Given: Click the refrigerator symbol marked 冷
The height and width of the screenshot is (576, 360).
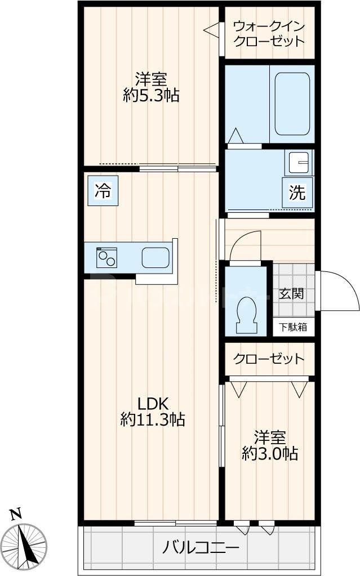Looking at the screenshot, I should click(103, 191).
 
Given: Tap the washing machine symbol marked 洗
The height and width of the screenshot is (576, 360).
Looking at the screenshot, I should click(297, 193).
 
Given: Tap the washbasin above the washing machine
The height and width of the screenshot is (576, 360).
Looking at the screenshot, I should click(299, 163).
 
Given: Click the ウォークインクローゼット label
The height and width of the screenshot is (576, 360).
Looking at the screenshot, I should click(269, 34).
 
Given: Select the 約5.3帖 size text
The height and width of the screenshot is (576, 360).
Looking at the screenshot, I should click(151, 96).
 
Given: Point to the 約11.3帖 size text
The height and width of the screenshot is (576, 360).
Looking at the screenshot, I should click(152, 419).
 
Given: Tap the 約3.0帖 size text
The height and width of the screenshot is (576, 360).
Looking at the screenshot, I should click(270, 453).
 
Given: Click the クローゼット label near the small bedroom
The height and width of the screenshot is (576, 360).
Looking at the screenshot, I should click(269, 359).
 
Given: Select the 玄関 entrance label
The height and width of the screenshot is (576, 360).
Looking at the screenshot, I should click(292, 293).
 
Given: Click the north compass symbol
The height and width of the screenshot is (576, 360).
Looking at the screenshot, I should click(25, 544).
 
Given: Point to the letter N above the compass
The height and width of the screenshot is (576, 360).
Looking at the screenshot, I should click(16, 514).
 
